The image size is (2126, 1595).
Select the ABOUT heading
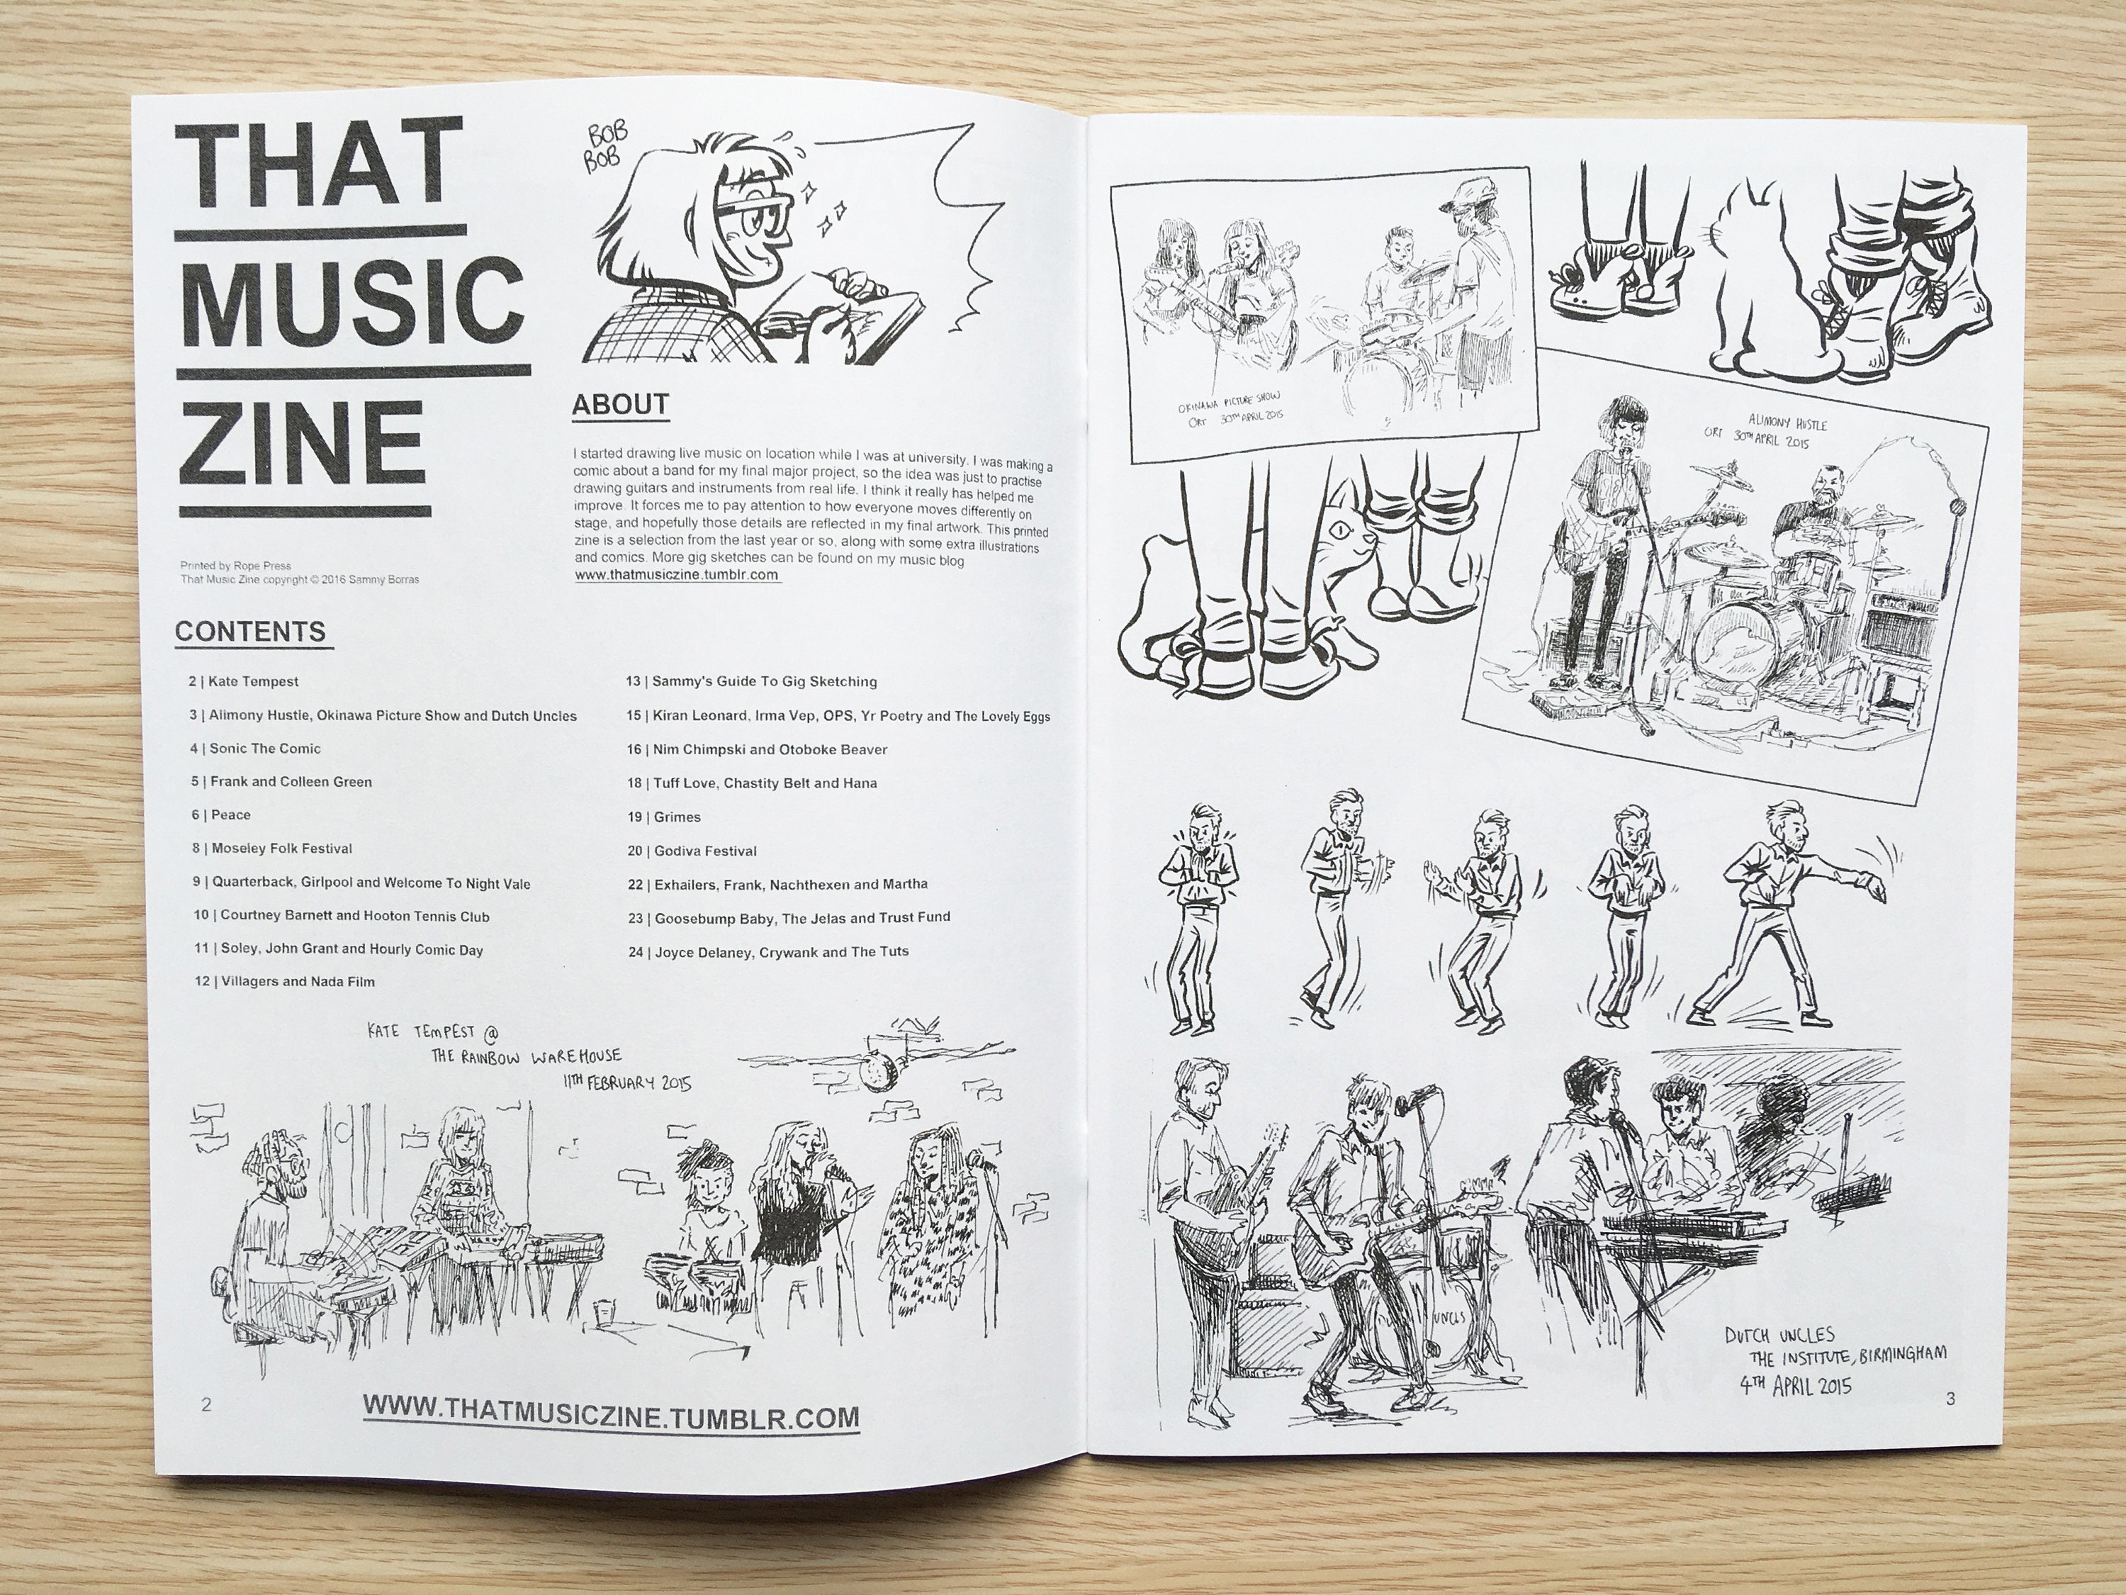pyautogui.click(x=620, y=404)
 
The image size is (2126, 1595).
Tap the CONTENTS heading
pyautogui.click(x=251, y=632)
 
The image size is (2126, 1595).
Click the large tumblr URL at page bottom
pyautogui.click(x=612, y=1417)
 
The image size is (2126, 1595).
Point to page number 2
pyautogui.click(x=206, y=1404)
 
